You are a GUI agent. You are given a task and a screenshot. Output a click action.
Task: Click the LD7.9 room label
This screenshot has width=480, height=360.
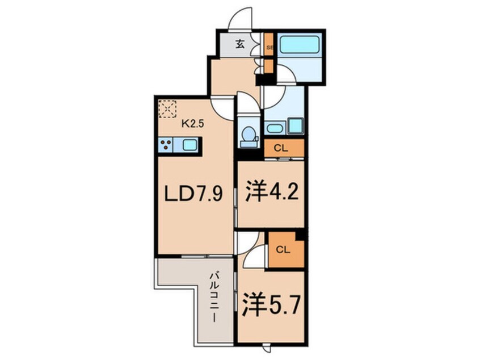tap(193, 195)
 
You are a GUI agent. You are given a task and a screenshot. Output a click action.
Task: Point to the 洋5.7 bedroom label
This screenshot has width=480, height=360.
tap(271, 306)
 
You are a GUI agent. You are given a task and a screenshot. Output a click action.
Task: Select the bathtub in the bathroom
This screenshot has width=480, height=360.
tap(301, 45)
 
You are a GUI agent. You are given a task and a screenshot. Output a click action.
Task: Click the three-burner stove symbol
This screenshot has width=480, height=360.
tap(167, 145)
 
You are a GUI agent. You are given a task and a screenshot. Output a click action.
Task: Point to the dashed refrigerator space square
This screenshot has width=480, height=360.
tap(168, 109)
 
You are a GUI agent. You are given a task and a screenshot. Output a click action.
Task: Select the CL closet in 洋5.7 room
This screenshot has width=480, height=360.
tap(287, 249)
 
